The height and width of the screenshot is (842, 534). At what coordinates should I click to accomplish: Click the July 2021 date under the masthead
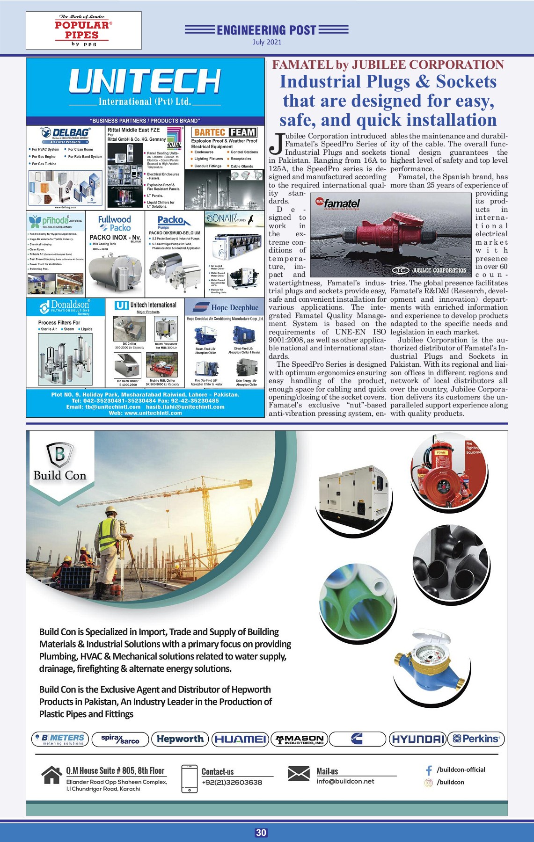pyautogui.click(x=267, y=42)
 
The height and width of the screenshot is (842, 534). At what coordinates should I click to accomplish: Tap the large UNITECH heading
pyautogui.click(x=145, y=81)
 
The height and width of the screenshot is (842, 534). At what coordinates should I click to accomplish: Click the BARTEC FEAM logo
pyautogui.click(x=225, y=132)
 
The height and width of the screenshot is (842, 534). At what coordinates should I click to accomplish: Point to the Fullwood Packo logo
pyautogui.click(x=115, y=223)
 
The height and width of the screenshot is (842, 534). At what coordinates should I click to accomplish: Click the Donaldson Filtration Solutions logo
pyautogui.click(x=66, y=307)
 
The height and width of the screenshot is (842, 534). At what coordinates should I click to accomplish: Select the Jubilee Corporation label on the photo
pyautogui.click(x=430, y=270)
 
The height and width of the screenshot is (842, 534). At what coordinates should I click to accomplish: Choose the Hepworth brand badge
pyautogui.click(x=180, y=739)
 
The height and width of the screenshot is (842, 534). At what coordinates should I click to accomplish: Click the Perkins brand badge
pyautogui.click(x=476, y=739)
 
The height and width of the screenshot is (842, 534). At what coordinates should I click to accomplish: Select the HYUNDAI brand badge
pyautogui.click(x=417, y=739)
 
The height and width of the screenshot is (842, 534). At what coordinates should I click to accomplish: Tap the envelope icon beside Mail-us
pyautogui.click(x=299, y=774)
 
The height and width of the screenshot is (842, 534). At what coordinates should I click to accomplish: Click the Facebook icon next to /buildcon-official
pyautogui.click(x=428, y=770)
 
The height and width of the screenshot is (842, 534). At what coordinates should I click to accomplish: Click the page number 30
pyautogui.click(x=261, y=833)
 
